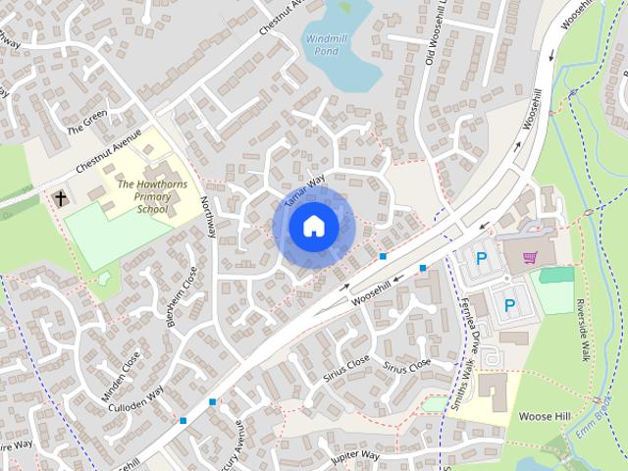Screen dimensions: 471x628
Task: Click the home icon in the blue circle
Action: click(313, 226)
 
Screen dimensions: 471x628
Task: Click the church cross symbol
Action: click(61, 198)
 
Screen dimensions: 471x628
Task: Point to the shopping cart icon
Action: click(530, 258)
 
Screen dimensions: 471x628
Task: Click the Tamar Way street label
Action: click(303, 192)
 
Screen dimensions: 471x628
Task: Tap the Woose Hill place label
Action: click(545, 415)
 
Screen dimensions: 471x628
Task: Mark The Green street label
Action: click(85, 127)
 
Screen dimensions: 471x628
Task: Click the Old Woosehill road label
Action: click(438, 34)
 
